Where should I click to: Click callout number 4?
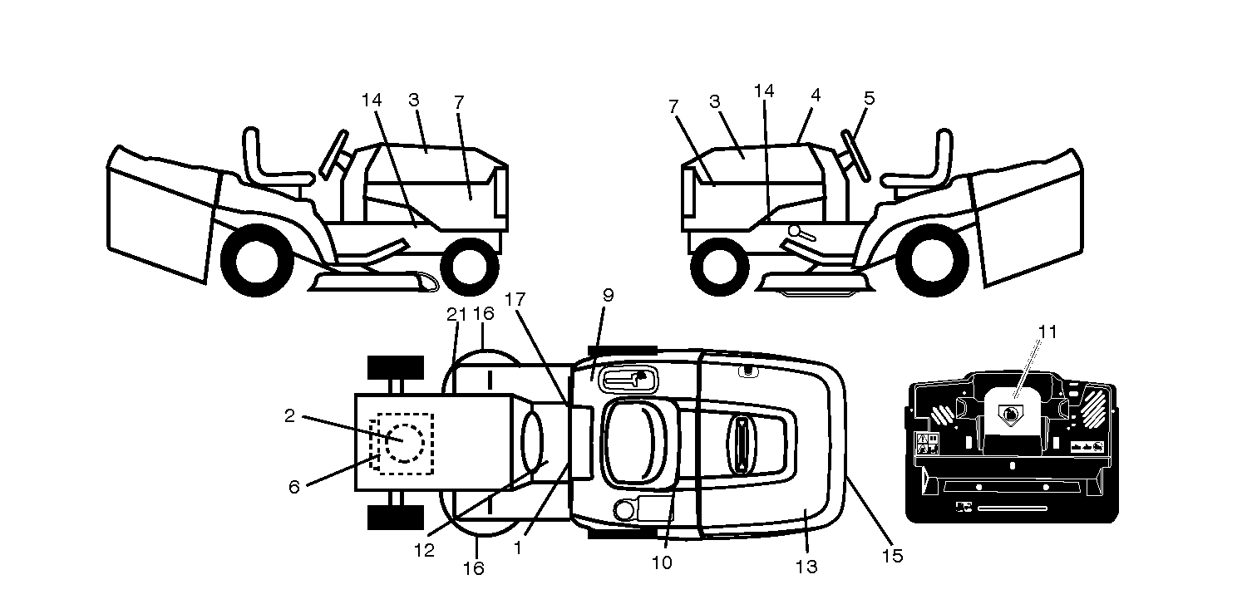(816, 96)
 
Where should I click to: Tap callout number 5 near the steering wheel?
(869, 98)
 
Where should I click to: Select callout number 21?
(456, 315)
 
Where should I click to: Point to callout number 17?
(515, 300)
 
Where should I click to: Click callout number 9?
(608, 295)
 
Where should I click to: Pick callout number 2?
(289, 415)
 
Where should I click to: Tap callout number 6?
(294, 487)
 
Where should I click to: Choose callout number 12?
(424, 550)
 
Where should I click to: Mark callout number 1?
(518, 548)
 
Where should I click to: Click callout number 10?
(662, 562)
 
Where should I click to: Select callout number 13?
(806, 567)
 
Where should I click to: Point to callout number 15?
(892, 556)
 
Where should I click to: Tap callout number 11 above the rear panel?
(1047, 332)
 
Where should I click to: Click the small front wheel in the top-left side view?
(470, 267)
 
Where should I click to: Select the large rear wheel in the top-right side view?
(931, 260)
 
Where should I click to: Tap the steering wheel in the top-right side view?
(855, 156)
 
